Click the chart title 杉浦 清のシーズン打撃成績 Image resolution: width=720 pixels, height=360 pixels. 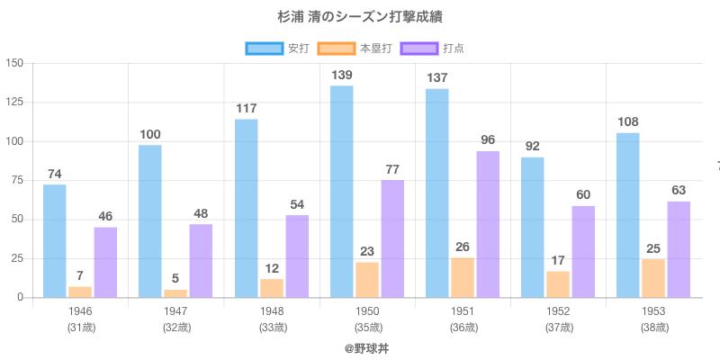pos(360,17)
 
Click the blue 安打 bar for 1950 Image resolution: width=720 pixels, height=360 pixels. pos(342,191)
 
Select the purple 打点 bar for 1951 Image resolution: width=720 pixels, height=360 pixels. pos(488,224)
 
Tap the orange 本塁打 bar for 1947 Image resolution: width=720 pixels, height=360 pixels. pos(175,293)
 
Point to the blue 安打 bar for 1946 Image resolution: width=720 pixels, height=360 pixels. pos(55,240)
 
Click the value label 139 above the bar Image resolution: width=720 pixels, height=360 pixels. pos(342,76)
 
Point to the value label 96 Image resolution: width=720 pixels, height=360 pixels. pos(488,139)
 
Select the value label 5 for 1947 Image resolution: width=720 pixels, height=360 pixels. pos(175,278)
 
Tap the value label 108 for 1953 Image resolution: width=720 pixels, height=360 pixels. pos(628,121)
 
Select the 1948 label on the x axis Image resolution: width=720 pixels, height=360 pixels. pos(271,311)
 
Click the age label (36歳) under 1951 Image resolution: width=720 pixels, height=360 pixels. pos(463,328)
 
